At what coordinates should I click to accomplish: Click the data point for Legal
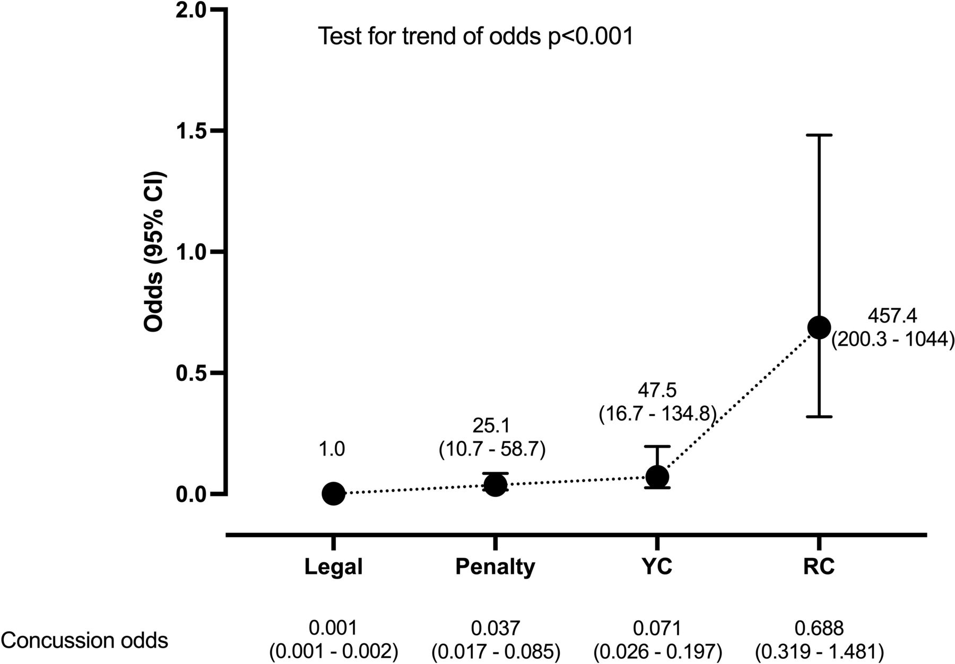coord(333,494)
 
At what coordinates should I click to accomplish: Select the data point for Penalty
coord(496,485)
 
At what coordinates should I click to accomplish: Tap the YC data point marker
coord(658,477)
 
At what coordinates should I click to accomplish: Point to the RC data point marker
coord(819,327)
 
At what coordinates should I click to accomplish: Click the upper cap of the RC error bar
coord(819,135)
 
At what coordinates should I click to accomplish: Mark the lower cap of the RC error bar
coord(819,417)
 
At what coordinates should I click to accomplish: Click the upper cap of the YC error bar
coord(658,447)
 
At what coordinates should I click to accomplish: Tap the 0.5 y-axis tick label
coord(192,373)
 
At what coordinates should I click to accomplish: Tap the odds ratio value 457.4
coord(892,316)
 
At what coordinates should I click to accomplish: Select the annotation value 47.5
coord(657,391)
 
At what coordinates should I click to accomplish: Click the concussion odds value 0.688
coord(819,628)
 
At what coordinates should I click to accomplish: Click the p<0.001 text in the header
coord(591,37)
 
